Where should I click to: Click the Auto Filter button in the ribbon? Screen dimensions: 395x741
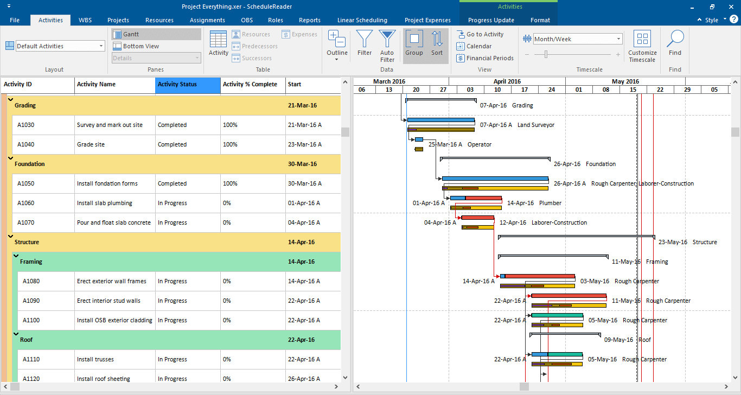coord(387,46)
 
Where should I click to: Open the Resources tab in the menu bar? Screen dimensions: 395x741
coord(159,20)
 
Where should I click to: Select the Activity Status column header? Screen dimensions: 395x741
coord(188,85)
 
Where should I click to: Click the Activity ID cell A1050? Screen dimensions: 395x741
coord(25,183)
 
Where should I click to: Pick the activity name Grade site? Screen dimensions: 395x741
coord(91,144)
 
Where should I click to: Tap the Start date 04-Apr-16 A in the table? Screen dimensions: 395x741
coord(304,222)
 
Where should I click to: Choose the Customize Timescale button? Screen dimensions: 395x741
coord(642,46)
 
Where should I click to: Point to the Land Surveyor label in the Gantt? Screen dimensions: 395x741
coord(535,125)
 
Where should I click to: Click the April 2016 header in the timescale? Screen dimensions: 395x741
coord(507,81)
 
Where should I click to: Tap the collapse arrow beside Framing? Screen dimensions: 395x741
coord(16,256)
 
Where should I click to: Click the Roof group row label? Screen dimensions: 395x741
coord(27,340)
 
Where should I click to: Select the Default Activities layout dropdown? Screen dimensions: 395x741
coord(60,46)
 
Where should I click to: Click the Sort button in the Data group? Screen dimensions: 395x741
coord(437,43)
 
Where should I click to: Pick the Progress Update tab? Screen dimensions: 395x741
coord(491,20)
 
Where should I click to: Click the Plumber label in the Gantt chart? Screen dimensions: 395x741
coord(550,203)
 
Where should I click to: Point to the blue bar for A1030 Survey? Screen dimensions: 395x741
coord(440,120)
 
